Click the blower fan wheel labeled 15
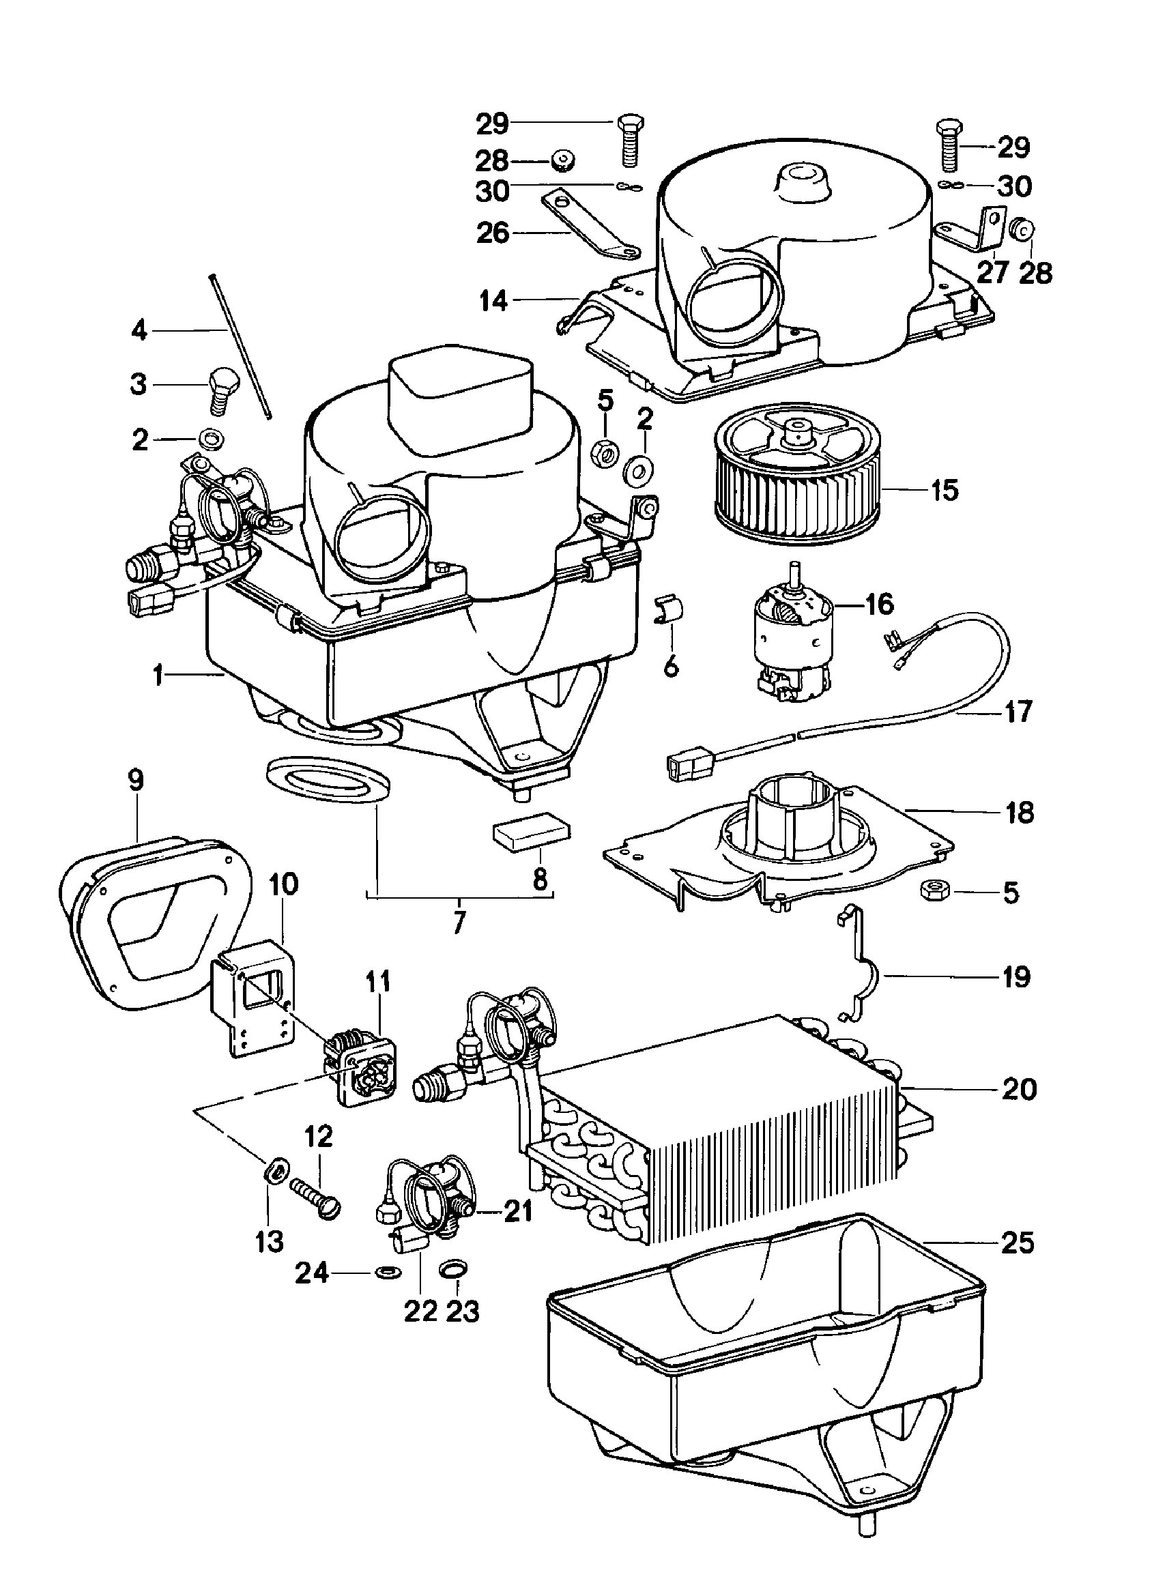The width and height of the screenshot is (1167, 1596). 798,478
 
